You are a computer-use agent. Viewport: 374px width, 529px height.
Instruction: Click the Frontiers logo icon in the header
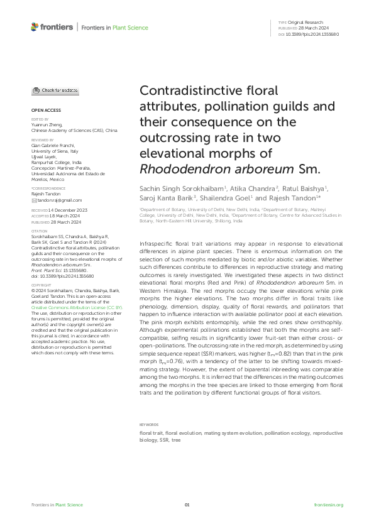[35, 27]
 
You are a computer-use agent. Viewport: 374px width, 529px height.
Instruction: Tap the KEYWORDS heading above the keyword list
[150, 425]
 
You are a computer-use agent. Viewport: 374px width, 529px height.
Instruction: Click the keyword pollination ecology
[287, 433]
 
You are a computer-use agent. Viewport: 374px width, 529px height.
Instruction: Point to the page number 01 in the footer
[187, 505]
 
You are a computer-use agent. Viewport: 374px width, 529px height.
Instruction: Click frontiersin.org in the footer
[328, 505]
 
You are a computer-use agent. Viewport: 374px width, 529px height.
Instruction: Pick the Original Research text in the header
[314, 22]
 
